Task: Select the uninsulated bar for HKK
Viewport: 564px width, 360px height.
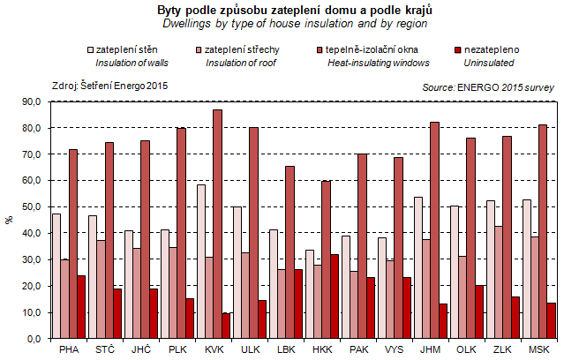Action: (334, 296)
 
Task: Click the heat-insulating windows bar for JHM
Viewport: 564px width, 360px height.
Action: (433, 230)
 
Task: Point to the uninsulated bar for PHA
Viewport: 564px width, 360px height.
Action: (82, 307)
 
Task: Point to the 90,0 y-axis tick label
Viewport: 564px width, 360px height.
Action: (32, 102)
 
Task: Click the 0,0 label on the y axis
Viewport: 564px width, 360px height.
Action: (34, 339)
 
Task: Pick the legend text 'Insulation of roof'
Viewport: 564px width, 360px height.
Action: (242, 64)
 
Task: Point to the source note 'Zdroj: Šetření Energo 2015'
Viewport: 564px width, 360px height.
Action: (110, 86)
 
